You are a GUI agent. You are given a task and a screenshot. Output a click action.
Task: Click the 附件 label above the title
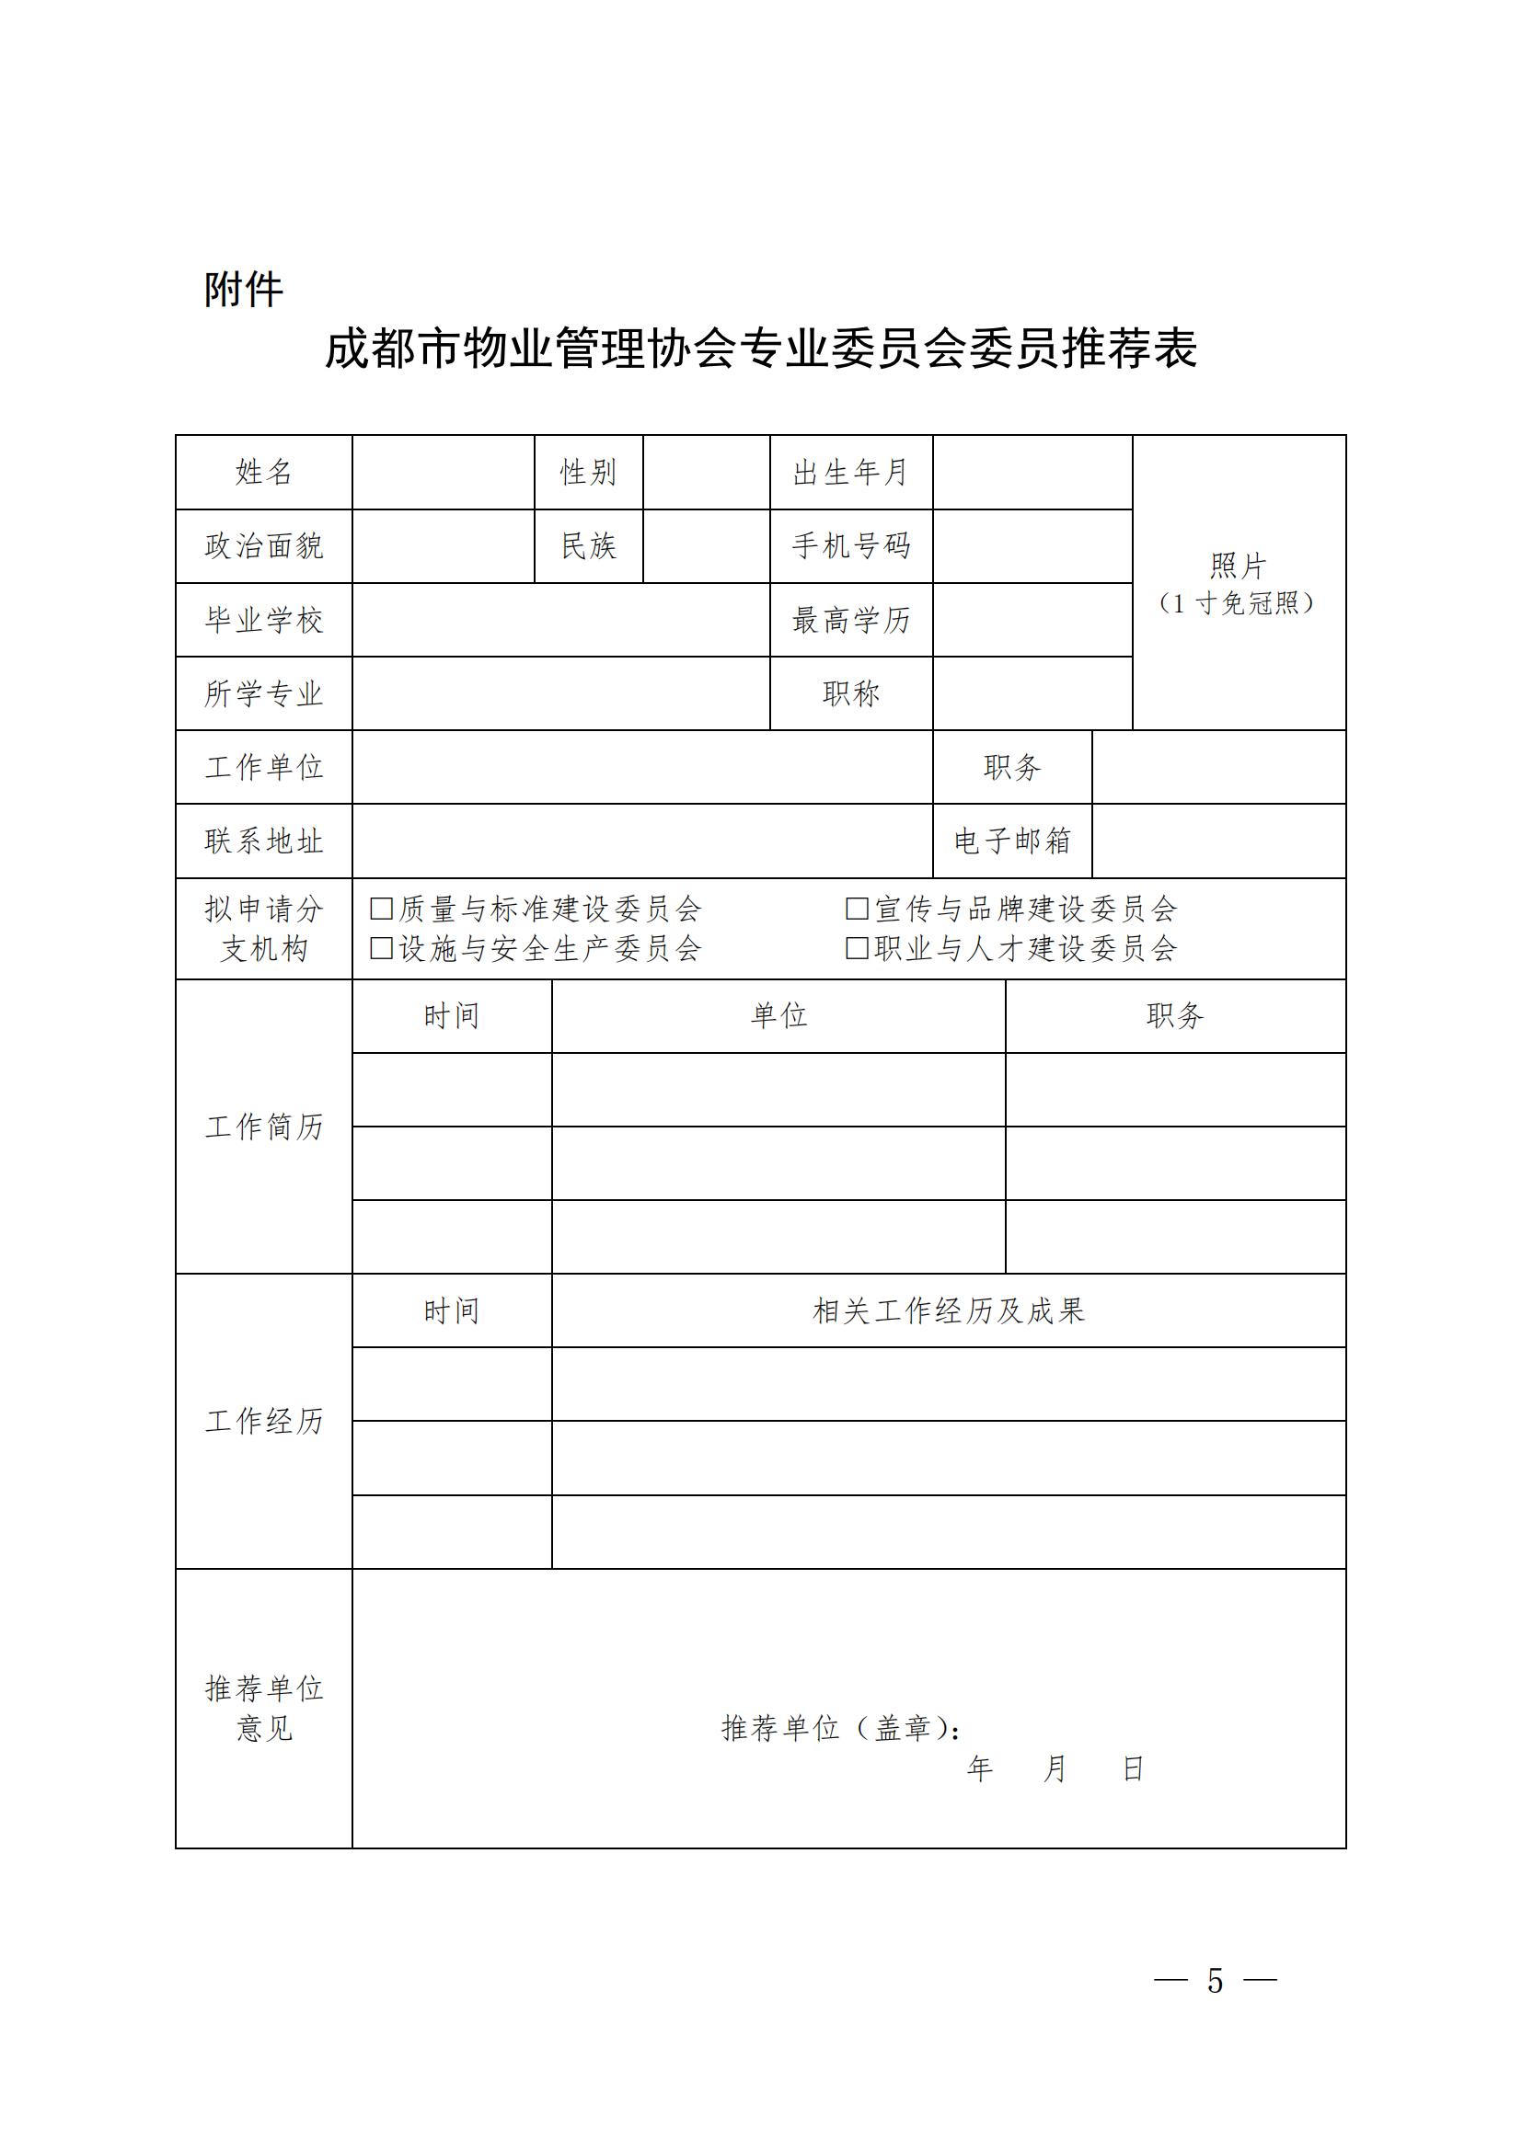tap(244, 290)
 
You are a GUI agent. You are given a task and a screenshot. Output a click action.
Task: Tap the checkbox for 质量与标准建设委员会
tap(382, 908)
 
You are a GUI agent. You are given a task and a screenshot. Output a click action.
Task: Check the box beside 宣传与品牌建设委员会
tap(857, 908)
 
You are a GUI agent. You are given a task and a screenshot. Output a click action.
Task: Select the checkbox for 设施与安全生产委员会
tap(382, 948)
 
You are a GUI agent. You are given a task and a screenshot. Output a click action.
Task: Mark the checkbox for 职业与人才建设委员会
tap(857, 948)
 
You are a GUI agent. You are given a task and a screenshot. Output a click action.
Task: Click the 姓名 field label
tap(263, 472)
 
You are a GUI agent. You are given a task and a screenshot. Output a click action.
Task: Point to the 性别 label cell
tap(588, 472)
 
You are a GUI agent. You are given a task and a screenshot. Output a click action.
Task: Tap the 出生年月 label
tap(850, 472)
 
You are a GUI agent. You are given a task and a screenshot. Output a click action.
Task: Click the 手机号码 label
tap(850, 545)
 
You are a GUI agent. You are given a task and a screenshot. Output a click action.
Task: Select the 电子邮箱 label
tap(1011, 841)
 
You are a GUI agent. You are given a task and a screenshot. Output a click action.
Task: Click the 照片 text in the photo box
tap(1237, 566)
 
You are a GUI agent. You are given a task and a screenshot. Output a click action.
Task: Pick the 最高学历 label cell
tap(850, 619)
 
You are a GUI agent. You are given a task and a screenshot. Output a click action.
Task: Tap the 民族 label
tap(588, 545)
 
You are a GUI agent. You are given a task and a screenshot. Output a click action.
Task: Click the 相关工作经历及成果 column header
tap(948, 1310)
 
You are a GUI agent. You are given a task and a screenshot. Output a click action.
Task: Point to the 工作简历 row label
tap(263, 1127)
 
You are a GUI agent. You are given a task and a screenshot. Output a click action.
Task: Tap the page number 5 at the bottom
tap(1215, 1982)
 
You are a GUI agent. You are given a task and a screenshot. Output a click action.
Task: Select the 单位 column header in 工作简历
tap(778, 1015)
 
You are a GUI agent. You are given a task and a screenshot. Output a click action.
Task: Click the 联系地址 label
tap(263, 841)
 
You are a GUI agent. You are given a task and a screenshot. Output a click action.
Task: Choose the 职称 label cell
tap(850, 693)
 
